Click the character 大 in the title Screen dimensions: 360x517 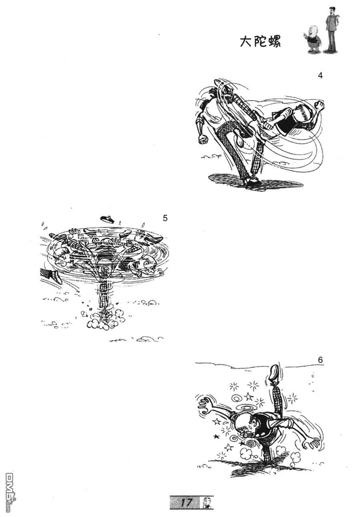click(246, 42)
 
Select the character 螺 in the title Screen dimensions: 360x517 click(275, 42)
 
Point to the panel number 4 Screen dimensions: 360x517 click(320, 76)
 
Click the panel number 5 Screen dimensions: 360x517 click(165, 218)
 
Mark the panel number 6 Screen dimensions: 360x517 click(320, 360)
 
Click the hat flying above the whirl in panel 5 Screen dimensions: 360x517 click(107, 219)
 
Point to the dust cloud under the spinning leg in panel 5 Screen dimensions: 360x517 click(102, 320)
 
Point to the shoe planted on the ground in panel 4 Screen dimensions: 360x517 click(253, 182)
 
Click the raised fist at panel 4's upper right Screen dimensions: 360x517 click(319, 105)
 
